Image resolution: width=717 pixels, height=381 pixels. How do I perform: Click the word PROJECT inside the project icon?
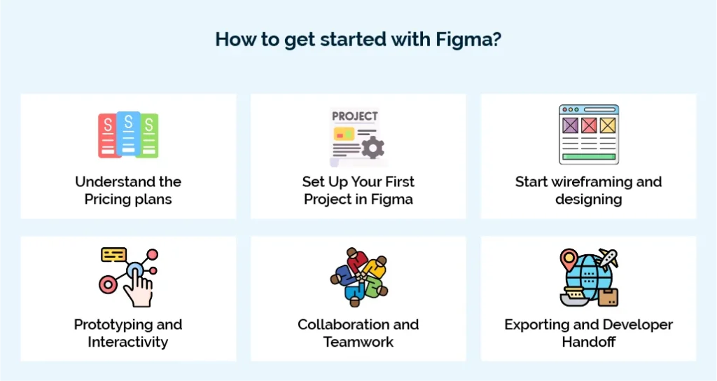point(354,116)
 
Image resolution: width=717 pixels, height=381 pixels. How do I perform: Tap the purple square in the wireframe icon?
point(571,125)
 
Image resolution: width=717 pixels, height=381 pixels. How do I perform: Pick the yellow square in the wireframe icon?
point(606,125)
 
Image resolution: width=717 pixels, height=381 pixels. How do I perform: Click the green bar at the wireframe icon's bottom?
point(588,156)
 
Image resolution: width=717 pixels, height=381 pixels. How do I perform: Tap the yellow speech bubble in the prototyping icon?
point(113,254)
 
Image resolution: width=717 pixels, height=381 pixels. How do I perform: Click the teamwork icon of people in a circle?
point(358,278)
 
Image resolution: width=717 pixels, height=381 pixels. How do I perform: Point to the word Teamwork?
point(358,342)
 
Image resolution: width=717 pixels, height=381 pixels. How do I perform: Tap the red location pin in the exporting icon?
point(569,261)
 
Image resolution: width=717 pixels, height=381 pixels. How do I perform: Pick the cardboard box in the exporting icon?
point(607,296)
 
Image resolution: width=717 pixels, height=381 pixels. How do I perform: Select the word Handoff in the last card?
point(588,342)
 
